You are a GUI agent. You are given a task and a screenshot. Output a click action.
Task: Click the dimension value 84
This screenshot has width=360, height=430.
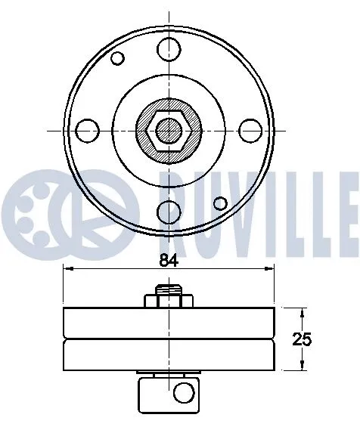click(169, 261)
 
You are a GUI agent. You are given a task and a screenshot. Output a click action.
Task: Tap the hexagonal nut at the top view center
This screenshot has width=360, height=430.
click(169, 131)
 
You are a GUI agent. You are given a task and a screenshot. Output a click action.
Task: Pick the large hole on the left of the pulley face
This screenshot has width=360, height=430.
click(88, 129)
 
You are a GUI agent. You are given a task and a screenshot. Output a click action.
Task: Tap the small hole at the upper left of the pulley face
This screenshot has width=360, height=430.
click(117, 58)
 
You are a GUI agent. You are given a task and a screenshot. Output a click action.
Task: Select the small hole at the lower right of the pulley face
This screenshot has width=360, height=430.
click(220, 203)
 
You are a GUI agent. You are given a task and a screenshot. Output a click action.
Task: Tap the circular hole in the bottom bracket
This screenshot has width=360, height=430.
click(183, 391)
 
